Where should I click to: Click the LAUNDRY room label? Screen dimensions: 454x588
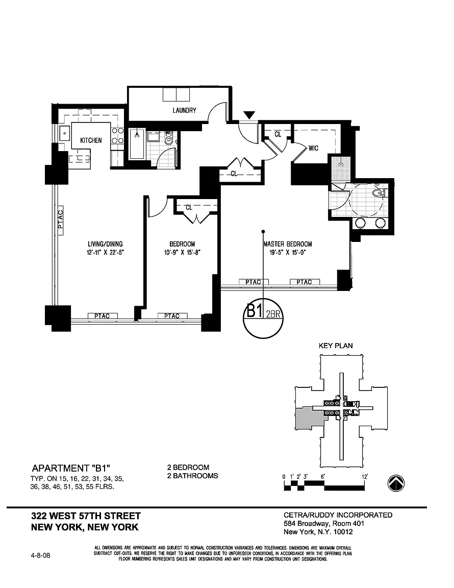coord(184,110)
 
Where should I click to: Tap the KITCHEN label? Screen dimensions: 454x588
coord(91,140)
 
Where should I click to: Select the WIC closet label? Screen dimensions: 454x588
coord(313,148)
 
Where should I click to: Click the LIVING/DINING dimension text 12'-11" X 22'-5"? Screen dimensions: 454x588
coord(105,252)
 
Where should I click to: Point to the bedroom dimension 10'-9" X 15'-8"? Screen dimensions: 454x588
coord(183,252)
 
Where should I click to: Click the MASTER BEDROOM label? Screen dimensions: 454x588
coord(288,244)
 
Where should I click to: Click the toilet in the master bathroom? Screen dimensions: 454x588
coord(379,193)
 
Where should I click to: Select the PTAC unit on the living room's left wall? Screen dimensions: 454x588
coord(61,219)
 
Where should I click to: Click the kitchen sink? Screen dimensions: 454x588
coord(65,133)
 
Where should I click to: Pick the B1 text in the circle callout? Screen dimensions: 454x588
coord(254,311)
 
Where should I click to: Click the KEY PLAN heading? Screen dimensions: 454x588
coord(336,346)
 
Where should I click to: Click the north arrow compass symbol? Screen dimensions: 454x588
coord(396,483)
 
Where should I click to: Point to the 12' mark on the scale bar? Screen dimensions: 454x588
coord(364,477)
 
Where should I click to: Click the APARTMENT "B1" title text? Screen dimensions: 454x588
coord(71,468)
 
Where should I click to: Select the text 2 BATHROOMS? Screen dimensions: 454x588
coord(192,476)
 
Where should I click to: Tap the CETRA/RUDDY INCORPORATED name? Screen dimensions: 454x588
coord(338,515)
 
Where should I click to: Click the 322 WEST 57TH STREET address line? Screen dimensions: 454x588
coord(86,516)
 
